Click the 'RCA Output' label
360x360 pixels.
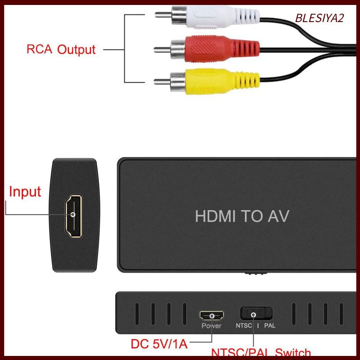click(61, 49)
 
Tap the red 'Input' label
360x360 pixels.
click(25, 192)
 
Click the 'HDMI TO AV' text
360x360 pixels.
click(242, 216)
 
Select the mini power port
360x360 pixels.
click(211, 315)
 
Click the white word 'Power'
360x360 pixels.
click(211, 326)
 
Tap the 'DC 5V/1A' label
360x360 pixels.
click(158, 345)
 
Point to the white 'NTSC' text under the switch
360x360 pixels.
click(244, 325)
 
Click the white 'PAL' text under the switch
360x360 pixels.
click(270, 325)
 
